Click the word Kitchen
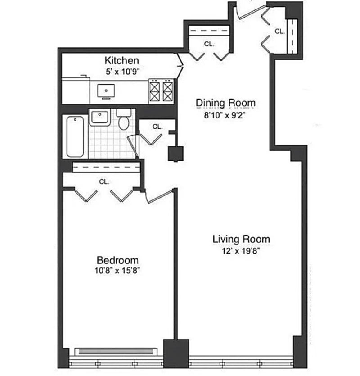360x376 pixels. pos(121,60)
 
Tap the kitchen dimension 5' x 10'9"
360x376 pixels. pos(121,71)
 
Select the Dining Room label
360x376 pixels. pos(225,103)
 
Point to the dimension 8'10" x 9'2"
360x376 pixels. pos(225,114)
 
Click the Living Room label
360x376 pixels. pos(241,239)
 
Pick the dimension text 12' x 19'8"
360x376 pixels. pos(241,250)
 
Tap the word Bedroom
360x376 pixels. pos(118,260)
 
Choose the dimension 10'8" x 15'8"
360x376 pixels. pos(118,271)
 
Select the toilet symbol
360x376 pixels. pos(123,118)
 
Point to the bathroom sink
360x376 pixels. pos(99,118)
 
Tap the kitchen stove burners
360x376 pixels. pos(161,91)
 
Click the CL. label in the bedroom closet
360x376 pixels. pos(104,181)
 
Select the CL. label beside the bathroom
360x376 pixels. pos(157,127)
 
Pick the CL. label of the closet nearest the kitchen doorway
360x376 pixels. pos(209,44)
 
